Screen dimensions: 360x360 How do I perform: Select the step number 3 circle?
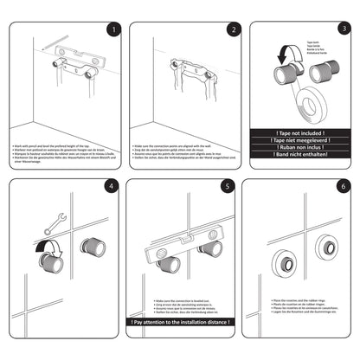(x=344, y=29)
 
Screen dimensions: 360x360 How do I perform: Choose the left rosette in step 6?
(x=284, y=264)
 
